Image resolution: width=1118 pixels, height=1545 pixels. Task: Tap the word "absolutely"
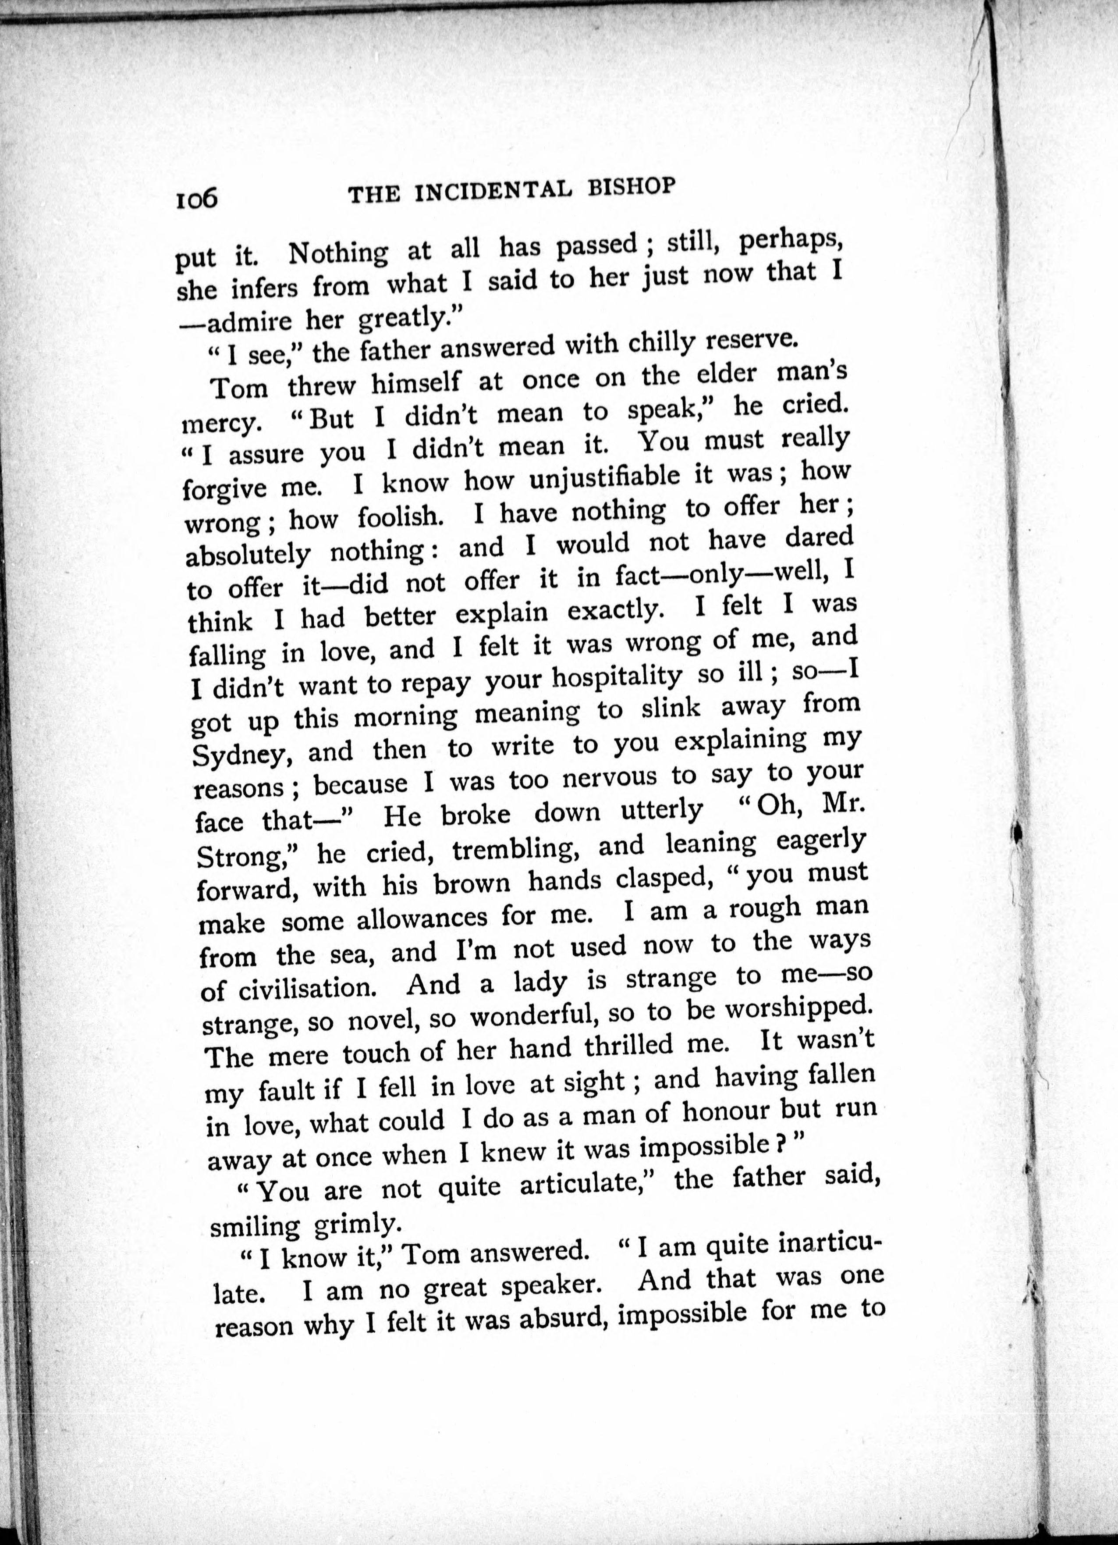point(248,555)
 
